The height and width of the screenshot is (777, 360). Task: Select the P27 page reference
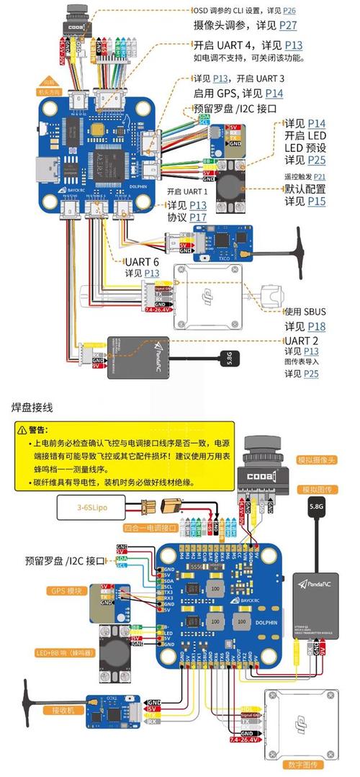pos(288,25)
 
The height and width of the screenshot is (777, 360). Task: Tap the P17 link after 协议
pos(198,217)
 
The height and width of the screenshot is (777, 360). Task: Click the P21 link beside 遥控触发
pos(319,176)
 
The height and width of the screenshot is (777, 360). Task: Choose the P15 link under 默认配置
pos(316,202)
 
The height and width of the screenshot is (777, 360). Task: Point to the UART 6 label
pos(143,261)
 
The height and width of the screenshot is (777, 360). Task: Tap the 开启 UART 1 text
pos(186,192)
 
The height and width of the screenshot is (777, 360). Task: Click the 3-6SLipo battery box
pos(89,508)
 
